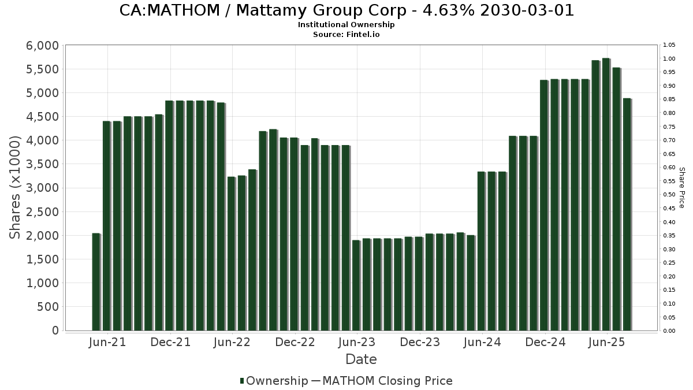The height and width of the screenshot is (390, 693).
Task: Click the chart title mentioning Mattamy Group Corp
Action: pyautogui.click(x=346, y=10)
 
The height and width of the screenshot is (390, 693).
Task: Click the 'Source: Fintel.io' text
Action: pyautogui.click(x=346, y=34)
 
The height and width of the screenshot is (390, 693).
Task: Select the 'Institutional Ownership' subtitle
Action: pyautogui.click(x=346, y=25)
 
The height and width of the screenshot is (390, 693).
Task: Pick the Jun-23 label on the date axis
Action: pyautogui.click(x=356, y=342)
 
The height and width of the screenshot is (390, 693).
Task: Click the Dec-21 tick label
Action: pyautogui.click(x=170, y=342)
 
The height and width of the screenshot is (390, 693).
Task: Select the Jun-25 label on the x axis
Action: pyautogui.click(x=606, y=342)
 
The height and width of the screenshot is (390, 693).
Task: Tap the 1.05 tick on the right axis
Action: pyautogui.click(x=669, y=45)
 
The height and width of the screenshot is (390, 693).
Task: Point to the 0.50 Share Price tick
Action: pyautogui.click(x=669, y=195)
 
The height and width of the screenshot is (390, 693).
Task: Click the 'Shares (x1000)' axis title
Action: pyautogui.click(x=16, y=187)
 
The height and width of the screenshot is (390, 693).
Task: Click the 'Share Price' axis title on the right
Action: pyautogui.click(x=681, y=187)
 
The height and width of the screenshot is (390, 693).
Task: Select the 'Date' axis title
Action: pyautogui.click(x=361, y=359)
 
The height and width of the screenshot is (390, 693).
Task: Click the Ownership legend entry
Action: pyautogui.click(x=277, y=381)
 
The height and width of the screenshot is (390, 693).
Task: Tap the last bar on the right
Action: pyautogui.click(x=627, y=214)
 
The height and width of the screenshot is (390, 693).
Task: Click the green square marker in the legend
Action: pyautogui.click(x=242, y=381)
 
